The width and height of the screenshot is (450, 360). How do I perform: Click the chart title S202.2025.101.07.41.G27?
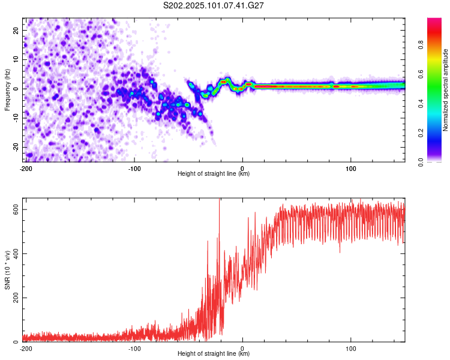[x=213, y=5]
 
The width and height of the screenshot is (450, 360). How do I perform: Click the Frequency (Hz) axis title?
[x=7, y=90]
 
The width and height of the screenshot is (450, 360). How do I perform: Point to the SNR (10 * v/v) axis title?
[x=7, y=270]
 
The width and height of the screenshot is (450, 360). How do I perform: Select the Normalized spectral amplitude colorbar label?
[x=445, y=90]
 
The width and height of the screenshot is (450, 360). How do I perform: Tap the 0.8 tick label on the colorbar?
[x=421, y=44]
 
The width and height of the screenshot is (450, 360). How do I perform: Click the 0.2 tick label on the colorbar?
[x=421, y=133]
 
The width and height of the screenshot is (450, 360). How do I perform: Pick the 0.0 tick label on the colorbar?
[x=421, y=163]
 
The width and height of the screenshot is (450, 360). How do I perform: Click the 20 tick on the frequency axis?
[x=16, y=31]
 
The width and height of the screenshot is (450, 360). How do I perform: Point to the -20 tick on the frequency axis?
[x=16, y=147]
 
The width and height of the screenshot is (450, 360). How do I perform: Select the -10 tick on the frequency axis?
[x=16, y=118]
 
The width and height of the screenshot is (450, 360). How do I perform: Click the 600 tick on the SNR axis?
[x=16, y=209]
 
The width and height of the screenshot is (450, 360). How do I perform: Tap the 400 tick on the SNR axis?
[x=16, y=253]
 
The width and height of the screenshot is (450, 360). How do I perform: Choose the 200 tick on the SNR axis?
[x=16, y=298]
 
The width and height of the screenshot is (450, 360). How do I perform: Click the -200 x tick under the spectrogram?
[x=26, y=169]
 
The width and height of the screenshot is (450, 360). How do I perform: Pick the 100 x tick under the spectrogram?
[x=351, y=169]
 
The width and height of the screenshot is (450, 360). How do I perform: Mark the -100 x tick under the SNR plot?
[x=134, y=349]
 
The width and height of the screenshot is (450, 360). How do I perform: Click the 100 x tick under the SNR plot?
[x=351, y=349]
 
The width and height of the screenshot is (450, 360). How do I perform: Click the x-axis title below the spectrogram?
[x=214, y=173]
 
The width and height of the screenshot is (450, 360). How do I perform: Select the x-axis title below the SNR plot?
[x=214, y=353]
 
